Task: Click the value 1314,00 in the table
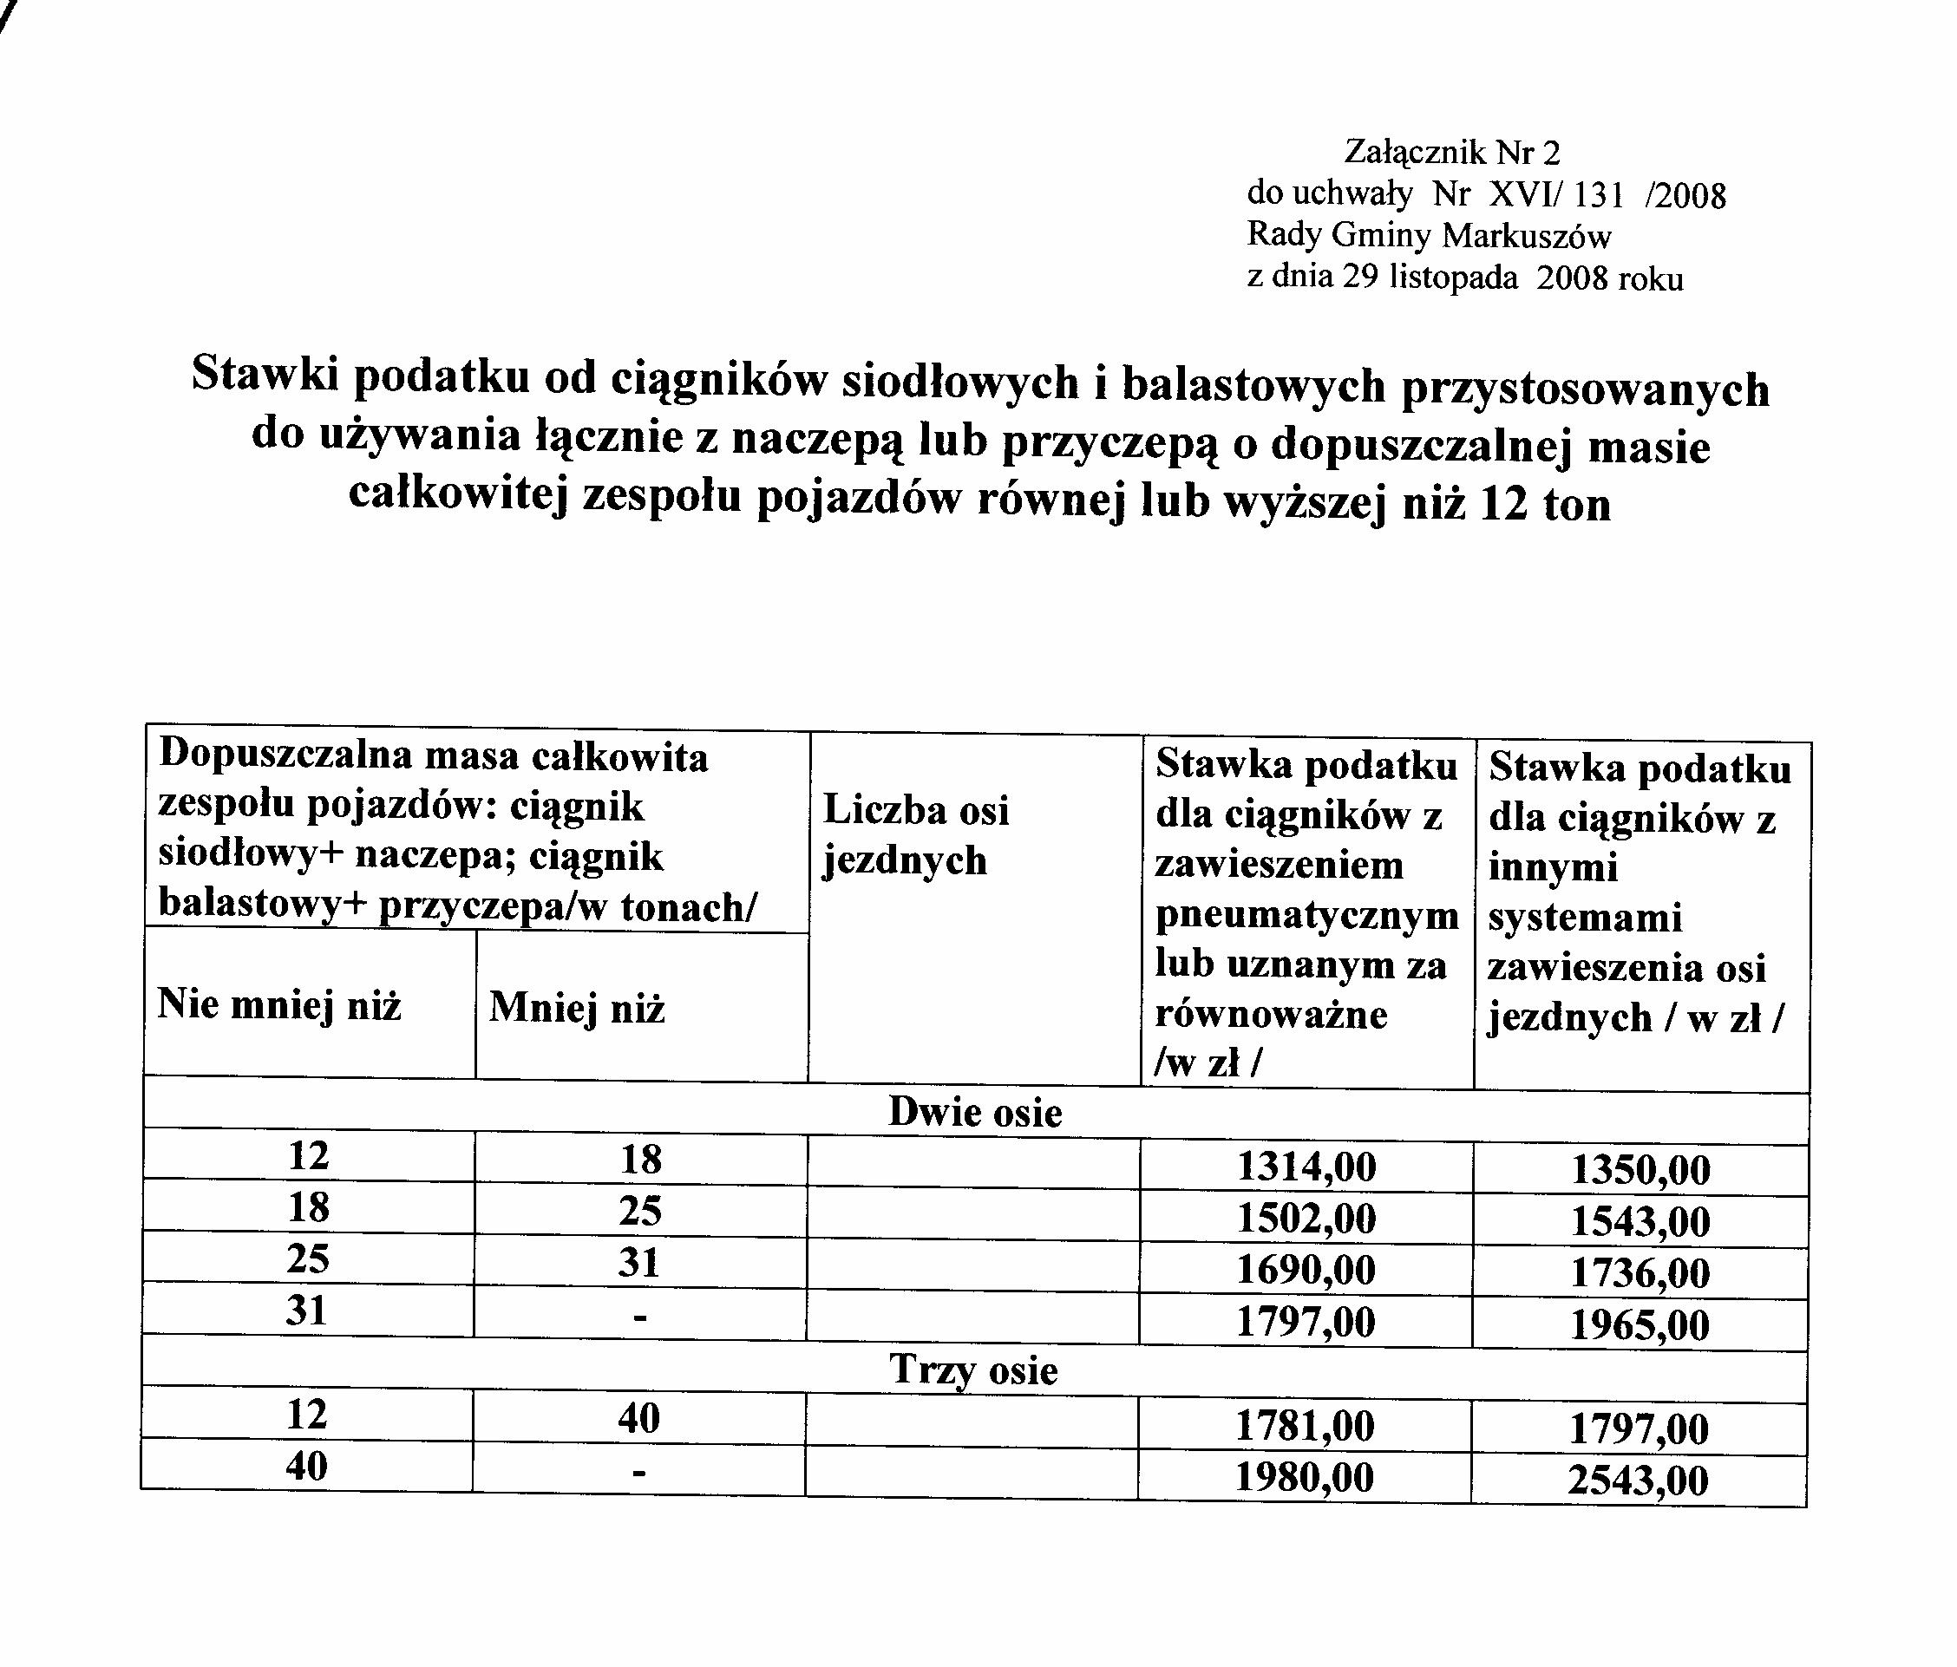point(1306,1168)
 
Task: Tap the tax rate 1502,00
point(1306,1219)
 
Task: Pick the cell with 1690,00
point(1306,1271)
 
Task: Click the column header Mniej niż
point(577,1009)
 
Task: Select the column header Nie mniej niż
point(278,1004)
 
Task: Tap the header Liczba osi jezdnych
point(915,835)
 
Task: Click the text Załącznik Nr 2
point(1451,152)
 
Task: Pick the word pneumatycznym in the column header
point(1307,915)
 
